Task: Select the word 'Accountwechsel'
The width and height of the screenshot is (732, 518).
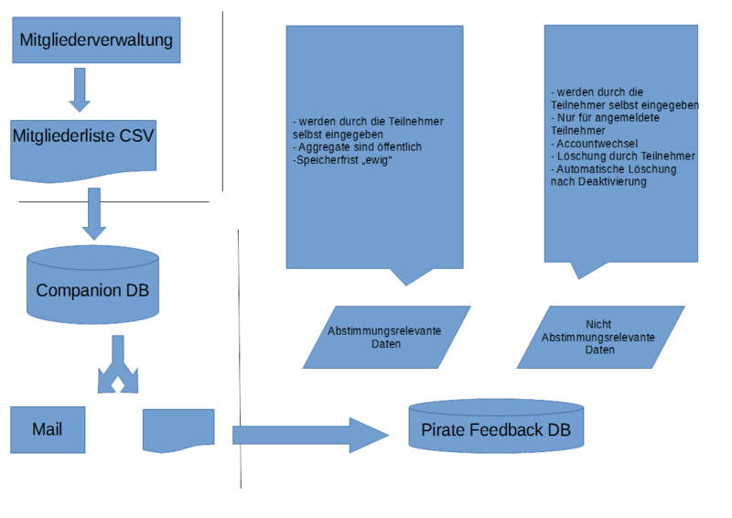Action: point(600,144)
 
